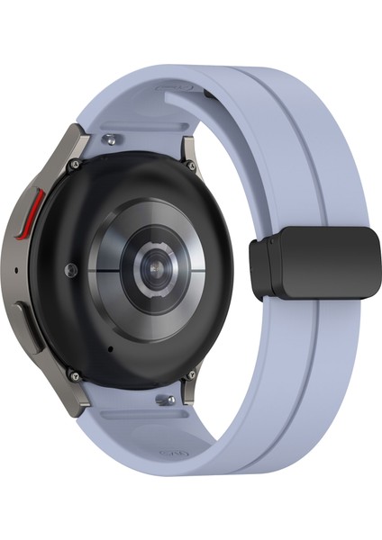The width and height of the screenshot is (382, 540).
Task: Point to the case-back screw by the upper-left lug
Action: click(75, 165)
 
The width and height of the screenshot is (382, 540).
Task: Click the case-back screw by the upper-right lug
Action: click(192, 166)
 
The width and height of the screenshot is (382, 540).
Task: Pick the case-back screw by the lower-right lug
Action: click(191, 374)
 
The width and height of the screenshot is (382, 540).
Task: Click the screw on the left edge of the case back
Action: click(70, 268)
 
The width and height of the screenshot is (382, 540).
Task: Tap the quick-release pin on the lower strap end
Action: click(163, 397)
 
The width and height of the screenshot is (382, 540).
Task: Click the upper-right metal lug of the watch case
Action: click(192, 144)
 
